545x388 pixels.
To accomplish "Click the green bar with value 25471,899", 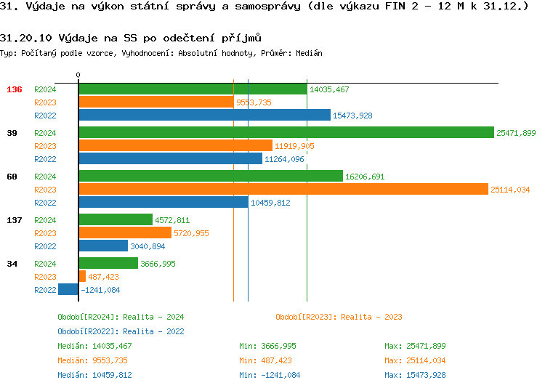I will pyautogui.click(x=286, y=133).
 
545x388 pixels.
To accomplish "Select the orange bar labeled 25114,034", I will pyautogui.click(x=283, y=190).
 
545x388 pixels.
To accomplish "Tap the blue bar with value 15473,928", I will pyautogui.click(x=204, y=116).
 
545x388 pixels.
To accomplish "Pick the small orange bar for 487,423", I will pyautogui.click(x=82, y=277).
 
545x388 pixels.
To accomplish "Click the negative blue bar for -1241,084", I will pyautogui.click(x=68, y=290).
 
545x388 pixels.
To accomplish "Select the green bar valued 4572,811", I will pyautogui.click(x=116, y=220).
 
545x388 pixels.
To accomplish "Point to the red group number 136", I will pyautogui.click(x=15, y=89).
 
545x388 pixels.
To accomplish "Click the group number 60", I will pyautogui.click(x=12, y=177).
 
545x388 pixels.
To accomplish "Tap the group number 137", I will pyautogui.click(x=15, y=220).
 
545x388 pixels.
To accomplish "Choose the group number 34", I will pyautogui.click(x=12, y=264).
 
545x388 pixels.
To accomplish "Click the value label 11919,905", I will pyautogui.click(x=294, y=146).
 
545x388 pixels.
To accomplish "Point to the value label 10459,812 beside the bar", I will pyautogui.click(x=270, y=203).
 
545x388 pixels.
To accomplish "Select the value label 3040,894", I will pyautogui.click(x=148, y=246).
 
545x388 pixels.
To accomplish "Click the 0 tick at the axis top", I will pyautogui.click(x=78, y=76).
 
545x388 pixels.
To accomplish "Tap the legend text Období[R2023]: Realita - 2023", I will pyautogui.click(x=339, y=317).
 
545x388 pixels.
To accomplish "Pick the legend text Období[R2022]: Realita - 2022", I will pyautogui.click(x=121, y=331).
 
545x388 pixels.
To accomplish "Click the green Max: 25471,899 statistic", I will pyautogui.click(x=415, y=346).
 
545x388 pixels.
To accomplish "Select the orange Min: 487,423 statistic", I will pyautogui.click(x=265, y=360).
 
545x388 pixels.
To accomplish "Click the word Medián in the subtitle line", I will pyautogui.click(x=310, y=54).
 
